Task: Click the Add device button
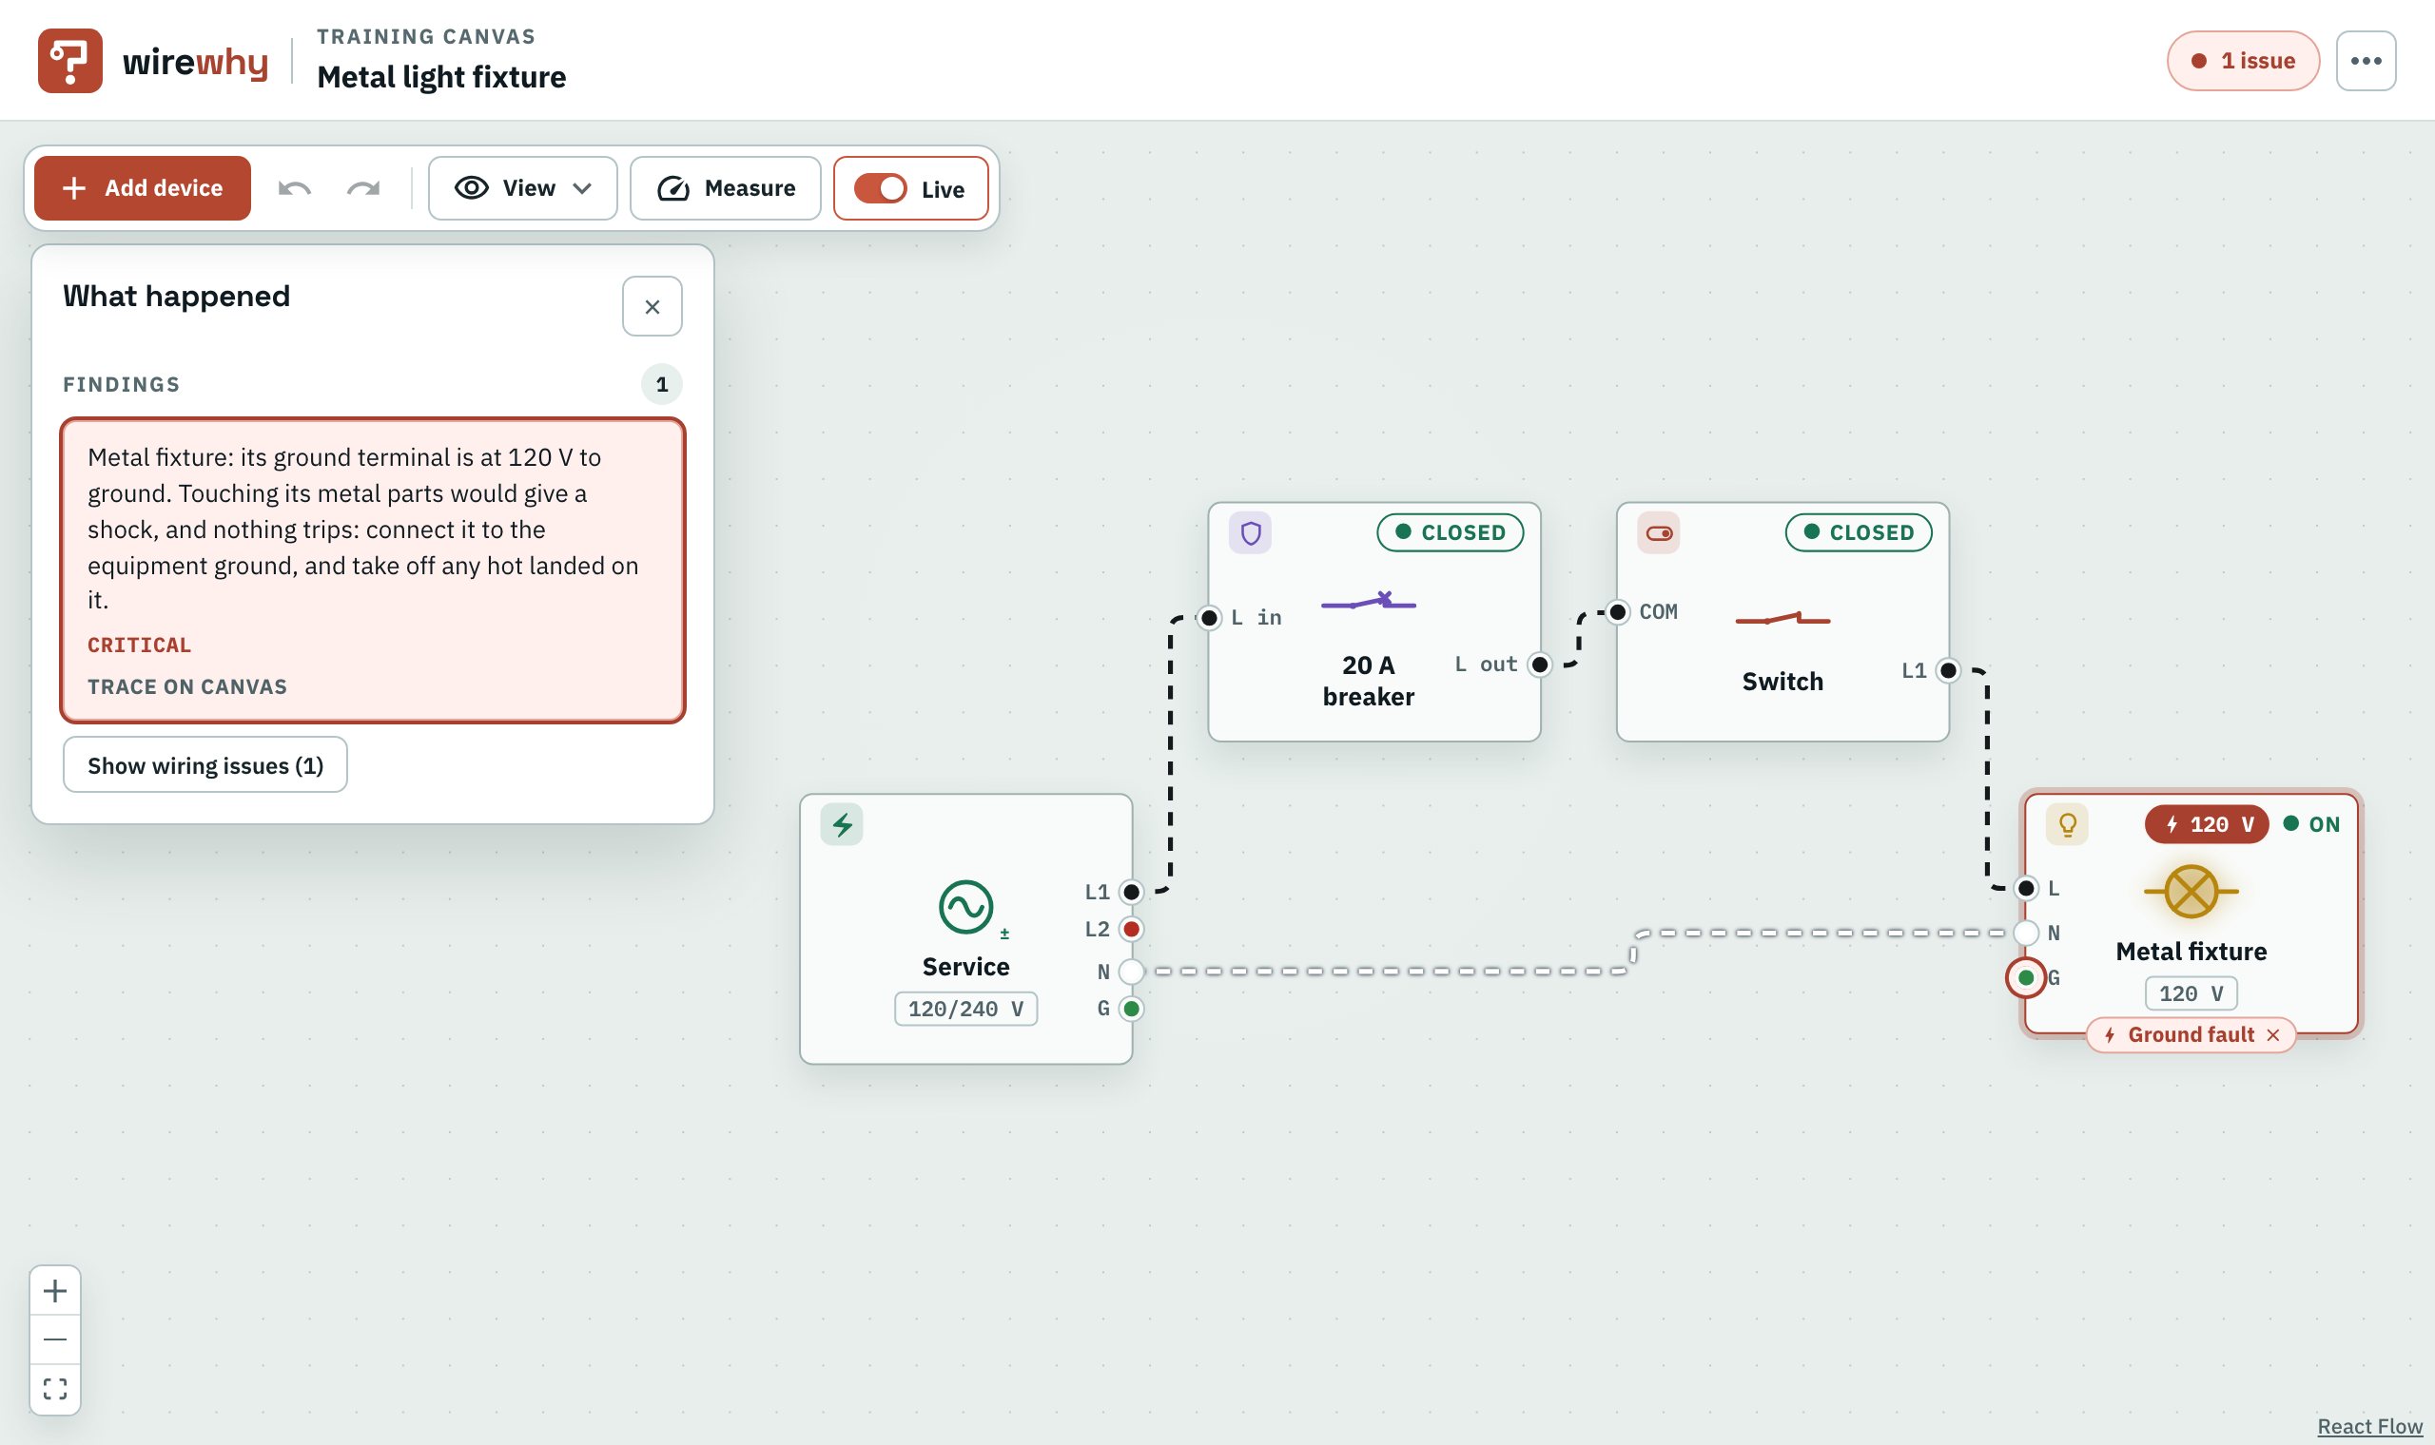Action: click(x=143, y=188)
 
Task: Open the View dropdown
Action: click(x=523, y=188)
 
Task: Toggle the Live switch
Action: click(x=881, y=188)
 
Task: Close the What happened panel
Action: click(x=653, y=307)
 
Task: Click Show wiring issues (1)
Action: click(x=205, y=765)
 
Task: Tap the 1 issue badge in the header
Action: click(x=2243, y=61)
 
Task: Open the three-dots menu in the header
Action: click(x=2366, y=61)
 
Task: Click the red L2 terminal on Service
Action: click(x=1131, y=929)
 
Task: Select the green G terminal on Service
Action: click(x=1131, y=1009)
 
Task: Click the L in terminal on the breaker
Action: click(x=1209, y=617)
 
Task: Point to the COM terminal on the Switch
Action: click(x=1618, y=612)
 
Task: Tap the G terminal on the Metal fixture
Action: click(x=2026, y=977)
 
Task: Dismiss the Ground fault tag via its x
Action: click(x=2273, y=1035)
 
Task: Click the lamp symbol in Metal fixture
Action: click(x=2191, y=892)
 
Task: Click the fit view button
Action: click(x=55, y=1389)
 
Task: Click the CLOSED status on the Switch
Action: click(x=1859, y=532)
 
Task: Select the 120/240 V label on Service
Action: click(x=966, y=1010)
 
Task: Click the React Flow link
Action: click(x=2369, y=1427)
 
